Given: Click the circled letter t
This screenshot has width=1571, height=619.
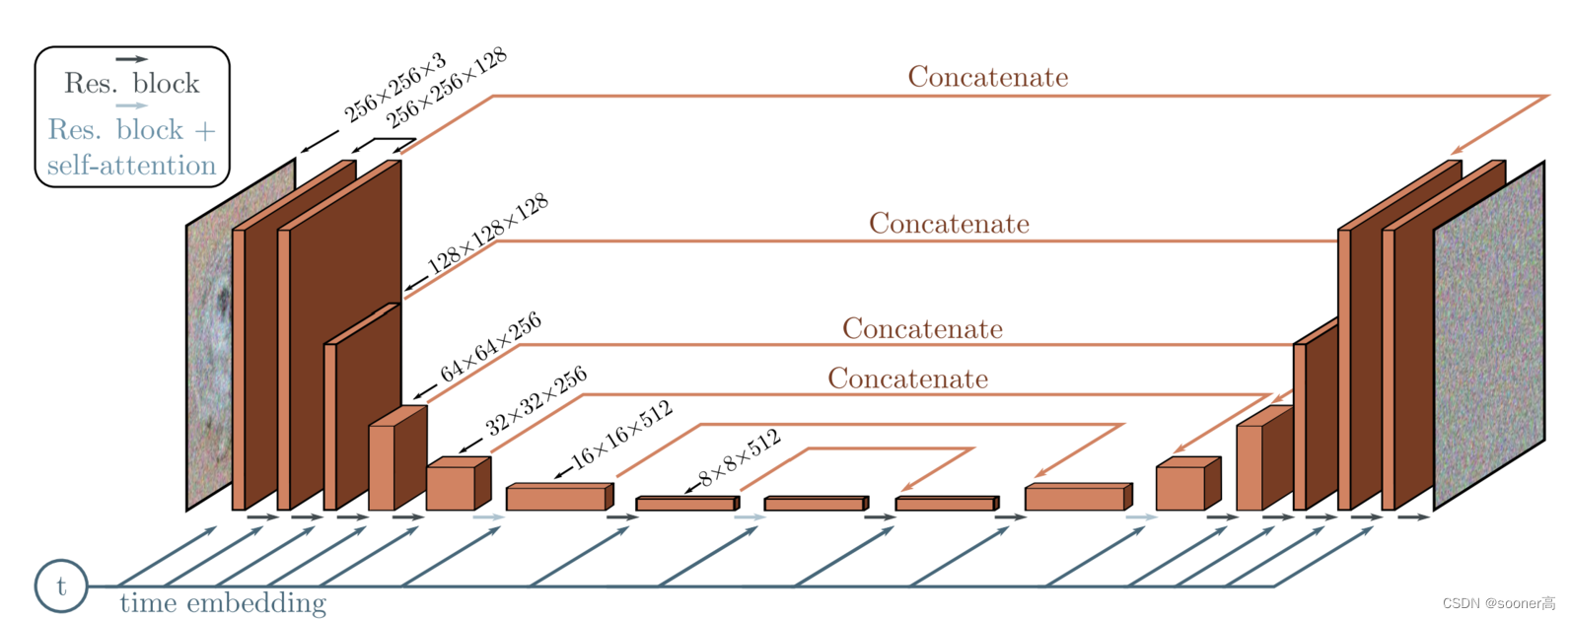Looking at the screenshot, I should (x=61, y=586).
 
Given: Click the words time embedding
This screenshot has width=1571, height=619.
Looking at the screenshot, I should (x=223, y=603).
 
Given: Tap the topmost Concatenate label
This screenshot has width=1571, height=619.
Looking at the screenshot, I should (x=987, y=77).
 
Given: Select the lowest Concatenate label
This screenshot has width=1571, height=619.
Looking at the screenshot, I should (x=907, y=378).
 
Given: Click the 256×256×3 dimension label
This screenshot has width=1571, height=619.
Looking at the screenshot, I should (x=393, y=90).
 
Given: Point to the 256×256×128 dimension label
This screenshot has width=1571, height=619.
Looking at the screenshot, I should (x=446, y=88).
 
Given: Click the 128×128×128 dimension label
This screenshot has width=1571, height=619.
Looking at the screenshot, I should (x=487, y=235).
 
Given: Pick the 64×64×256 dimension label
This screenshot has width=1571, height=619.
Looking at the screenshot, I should (x=490, y=347).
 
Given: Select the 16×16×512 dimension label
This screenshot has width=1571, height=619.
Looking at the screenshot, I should (x=621, y=434).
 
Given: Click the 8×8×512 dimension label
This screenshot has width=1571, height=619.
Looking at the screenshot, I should (x=740, y=458).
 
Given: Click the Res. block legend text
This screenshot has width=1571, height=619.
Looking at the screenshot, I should (x=132, y=83).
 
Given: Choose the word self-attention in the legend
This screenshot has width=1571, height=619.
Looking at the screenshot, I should (x=131, y=166).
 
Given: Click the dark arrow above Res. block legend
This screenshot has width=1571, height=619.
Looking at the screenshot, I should (x=131, y=59).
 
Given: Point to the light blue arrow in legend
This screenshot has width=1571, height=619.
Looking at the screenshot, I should (x=131, y=105).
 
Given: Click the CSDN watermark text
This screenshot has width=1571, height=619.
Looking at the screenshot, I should (x=1498, y=603).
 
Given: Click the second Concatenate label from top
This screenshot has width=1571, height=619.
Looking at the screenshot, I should (x=949, y=224).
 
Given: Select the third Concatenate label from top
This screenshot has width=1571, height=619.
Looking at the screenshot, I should (x=922, y=328).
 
